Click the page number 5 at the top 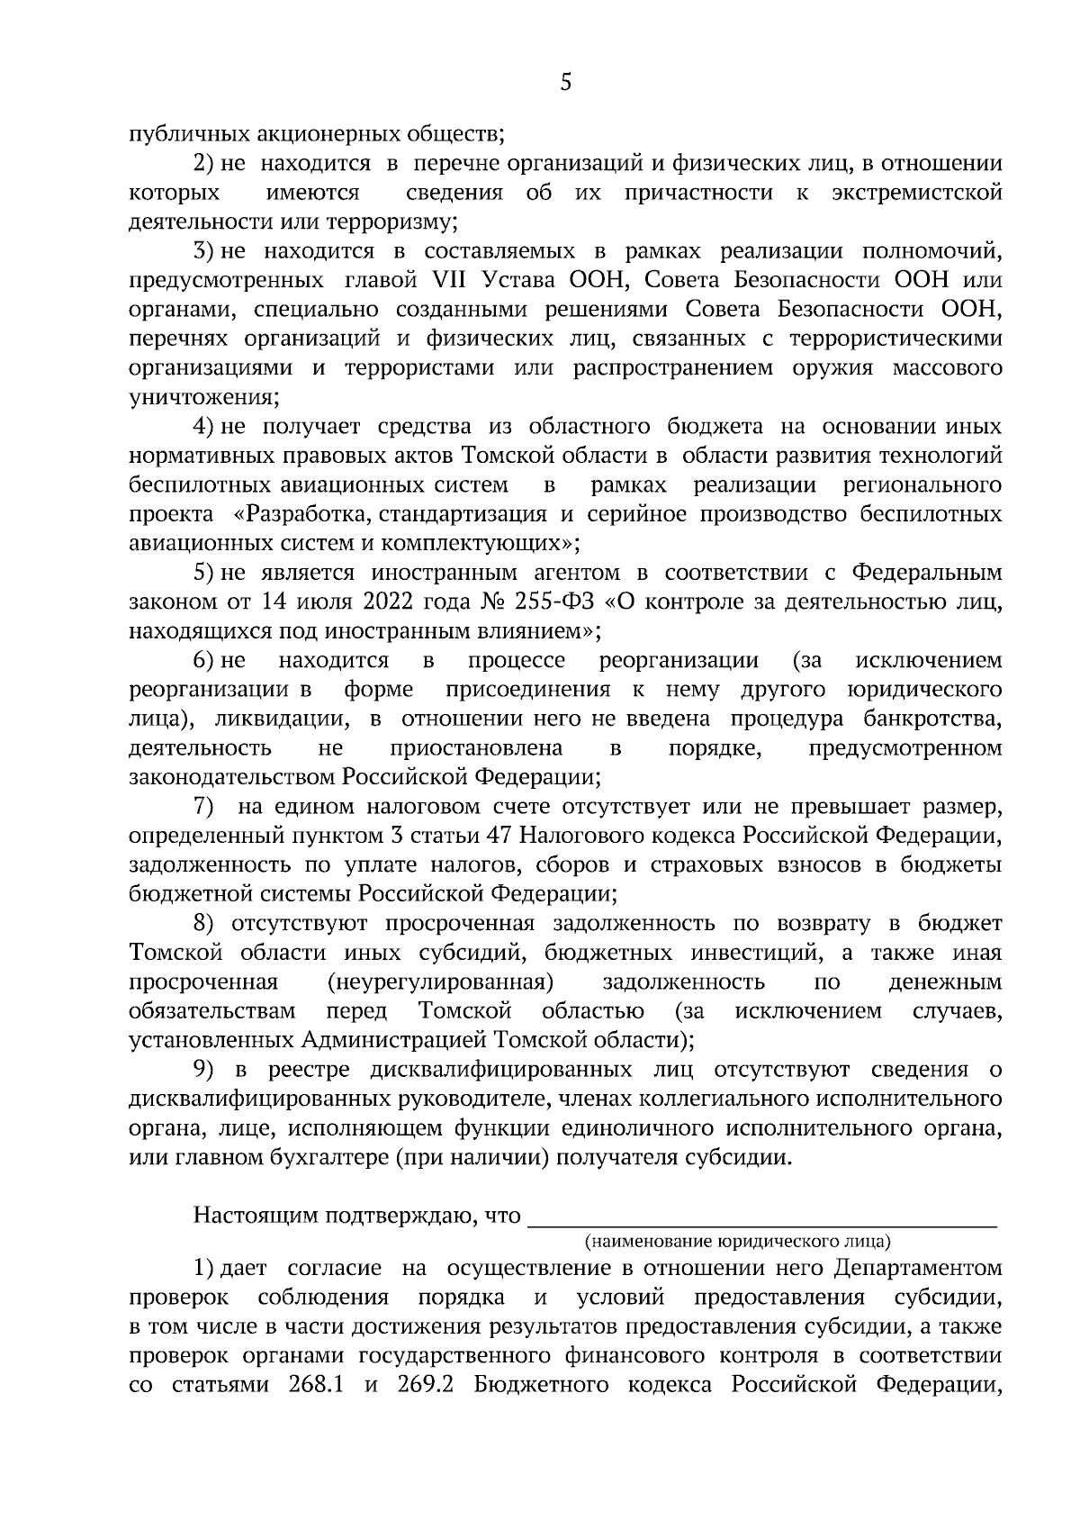565,84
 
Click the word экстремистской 917,193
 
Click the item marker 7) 204,807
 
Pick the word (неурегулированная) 439,982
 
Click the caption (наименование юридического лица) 737,1242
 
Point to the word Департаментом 917,1268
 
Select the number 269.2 424,1385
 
